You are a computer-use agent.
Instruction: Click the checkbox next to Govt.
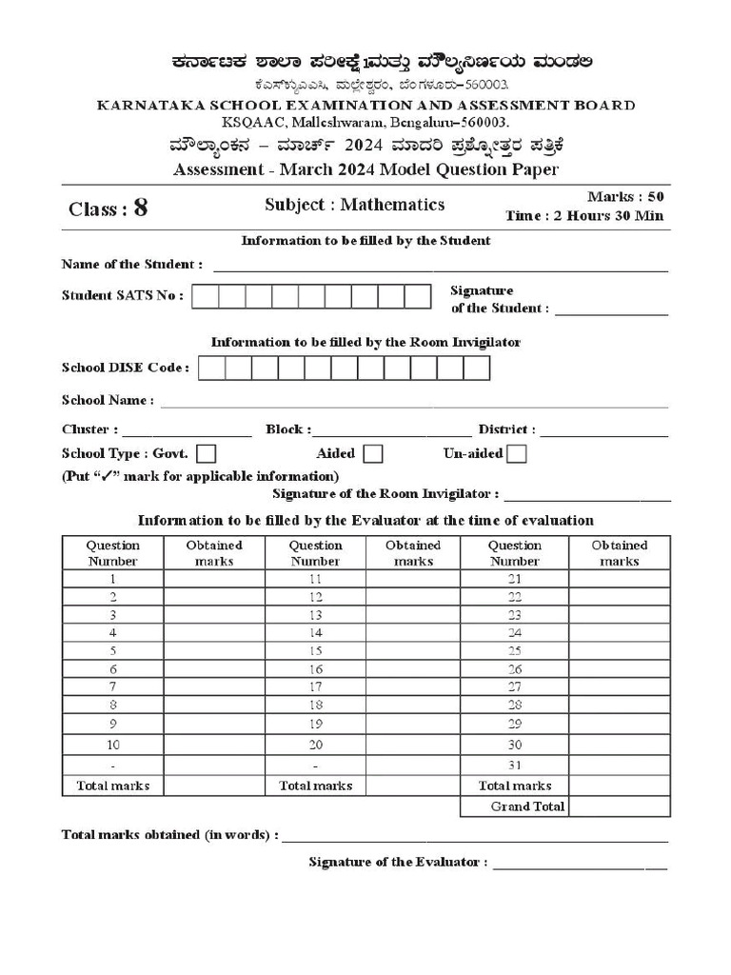coord(206,454)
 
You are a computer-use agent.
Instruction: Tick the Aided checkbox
coord(373,454)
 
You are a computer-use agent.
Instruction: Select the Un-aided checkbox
coord(517,454)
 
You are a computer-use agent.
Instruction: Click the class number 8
coord(141,209)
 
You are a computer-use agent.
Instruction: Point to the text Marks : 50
coord(625,196)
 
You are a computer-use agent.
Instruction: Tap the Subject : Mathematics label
coord(354,205)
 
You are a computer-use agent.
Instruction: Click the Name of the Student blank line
coord(440,268)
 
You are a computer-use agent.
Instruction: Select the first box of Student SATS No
coord(206,296)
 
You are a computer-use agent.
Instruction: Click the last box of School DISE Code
coord(476,368)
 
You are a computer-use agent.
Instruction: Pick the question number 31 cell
coord(515,765)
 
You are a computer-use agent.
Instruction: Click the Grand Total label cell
coord(515,806)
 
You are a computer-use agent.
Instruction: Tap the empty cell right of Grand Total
coord(620,806)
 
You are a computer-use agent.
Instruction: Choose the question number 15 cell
coord(315,650)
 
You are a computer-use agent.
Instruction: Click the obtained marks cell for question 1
coord(214,579)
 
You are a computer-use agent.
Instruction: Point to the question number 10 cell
coord(113,744)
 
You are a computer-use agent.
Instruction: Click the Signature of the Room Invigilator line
coord(587,497)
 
